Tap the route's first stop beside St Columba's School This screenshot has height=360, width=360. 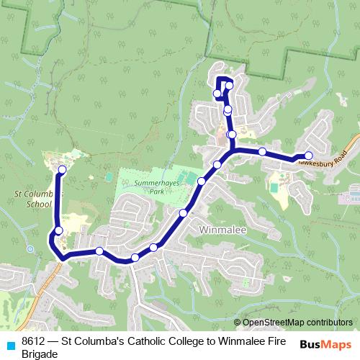(62, 170)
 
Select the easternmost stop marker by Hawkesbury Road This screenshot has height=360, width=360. (308, 156)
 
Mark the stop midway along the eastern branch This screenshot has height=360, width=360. (263, 151)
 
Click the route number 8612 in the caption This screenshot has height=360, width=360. (35, 341)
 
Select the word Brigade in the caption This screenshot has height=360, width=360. (40, 354)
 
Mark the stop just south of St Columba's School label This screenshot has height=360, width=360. (59, 230)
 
